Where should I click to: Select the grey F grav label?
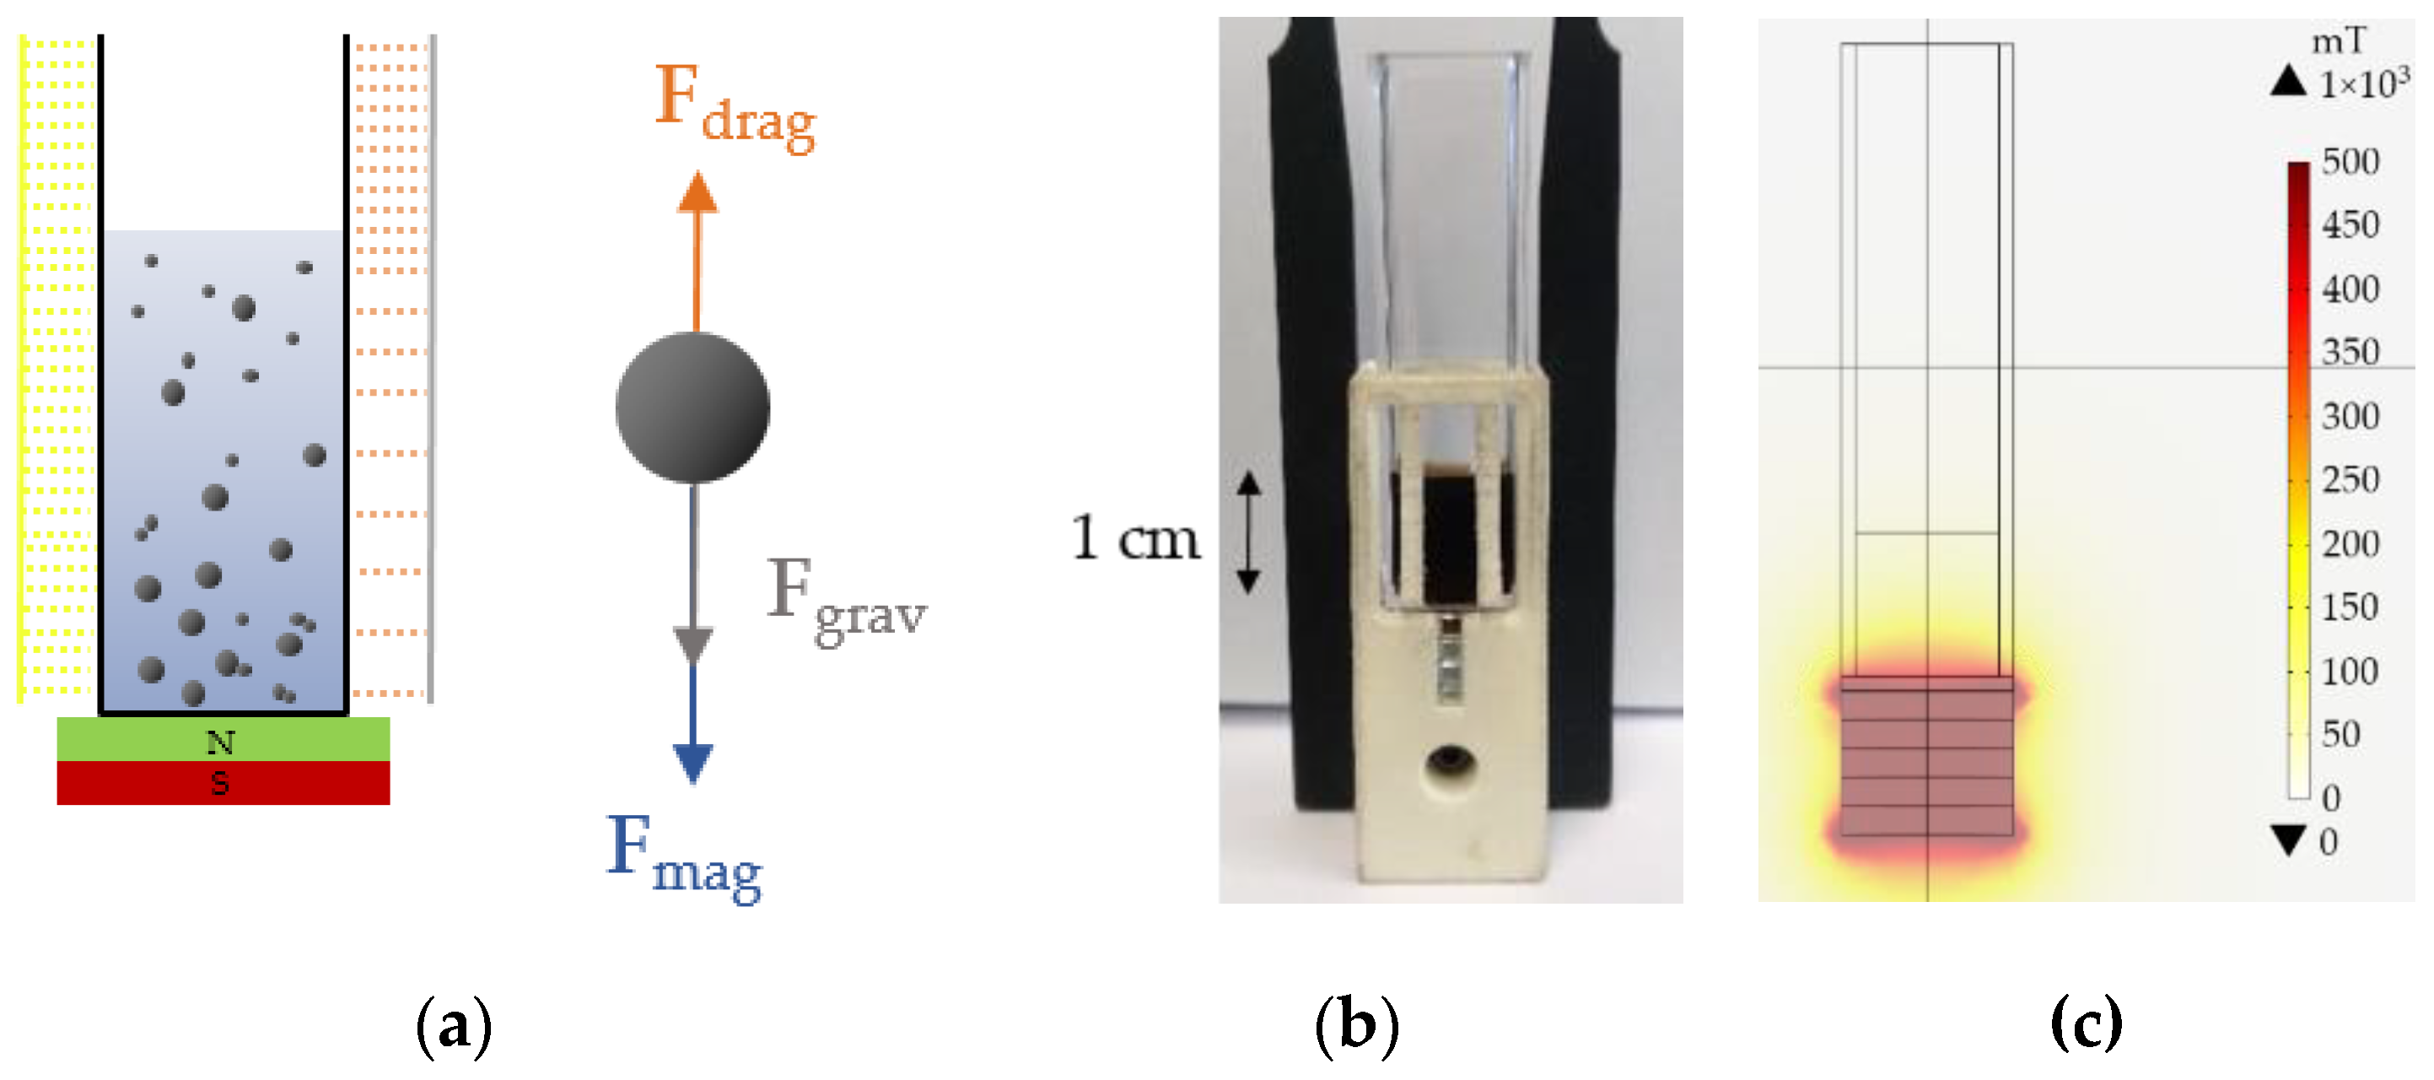coord(846,599)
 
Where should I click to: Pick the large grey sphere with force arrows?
coord(692,408)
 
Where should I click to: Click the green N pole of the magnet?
coord(223,740)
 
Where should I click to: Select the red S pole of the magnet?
coord(223,783)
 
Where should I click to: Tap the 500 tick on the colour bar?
coord(2350,161)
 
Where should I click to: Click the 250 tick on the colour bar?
coord(2350,480)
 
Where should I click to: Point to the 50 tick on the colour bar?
coord(2340,734)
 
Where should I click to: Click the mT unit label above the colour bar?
coord(2339,41)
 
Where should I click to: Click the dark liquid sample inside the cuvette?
coord(1451,538)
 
